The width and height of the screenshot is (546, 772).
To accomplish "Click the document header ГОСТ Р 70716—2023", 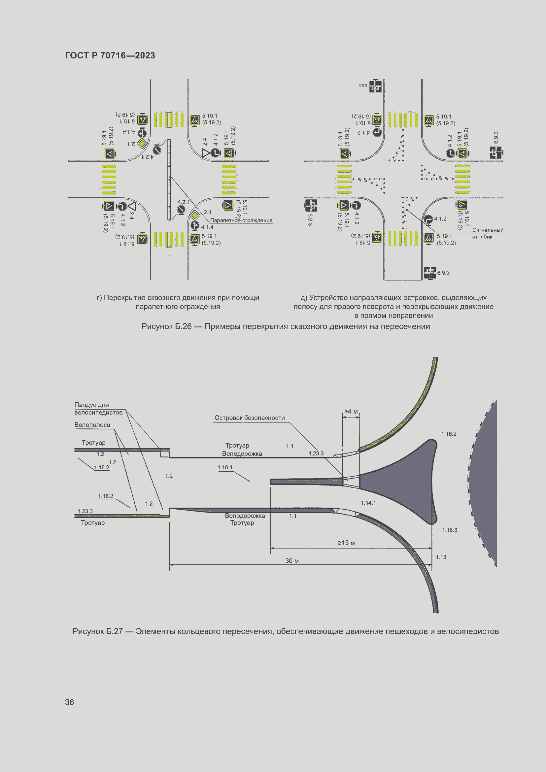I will coord(110,55).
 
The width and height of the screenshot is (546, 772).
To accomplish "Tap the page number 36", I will coord(69,702).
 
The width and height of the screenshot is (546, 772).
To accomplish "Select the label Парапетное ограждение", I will coord(241,220).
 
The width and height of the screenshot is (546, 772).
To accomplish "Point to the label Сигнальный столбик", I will coord(487,233).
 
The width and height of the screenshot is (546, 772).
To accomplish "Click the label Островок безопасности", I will coord(250,418).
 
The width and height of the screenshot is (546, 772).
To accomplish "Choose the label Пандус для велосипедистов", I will coord(98,409).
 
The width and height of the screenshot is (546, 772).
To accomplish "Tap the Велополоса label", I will coord(92,425).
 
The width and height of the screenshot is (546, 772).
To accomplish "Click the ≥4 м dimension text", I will coord(351,411).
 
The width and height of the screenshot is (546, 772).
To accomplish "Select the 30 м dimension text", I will coord(292,560).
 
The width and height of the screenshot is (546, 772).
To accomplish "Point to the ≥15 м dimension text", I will coord(346,543).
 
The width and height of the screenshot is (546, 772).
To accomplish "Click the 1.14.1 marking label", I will coord(368,503).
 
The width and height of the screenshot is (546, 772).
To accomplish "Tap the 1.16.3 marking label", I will coord(450,530).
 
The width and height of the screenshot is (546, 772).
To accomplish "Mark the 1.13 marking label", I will coord(441,557).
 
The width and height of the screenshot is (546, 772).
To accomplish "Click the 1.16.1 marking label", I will coord(225,467).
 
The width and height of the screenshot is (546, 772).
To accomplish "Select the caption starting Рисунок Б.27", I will coord(286,631).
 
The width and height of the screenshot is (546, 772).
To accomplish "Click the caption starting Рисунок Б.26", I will coord(286,326).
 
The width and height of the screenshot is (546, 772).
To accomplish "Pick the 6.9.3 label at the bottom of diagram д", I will coord(443,273).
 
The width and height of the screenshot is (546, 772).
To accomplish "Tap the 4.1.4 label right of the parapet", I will coord(207,227).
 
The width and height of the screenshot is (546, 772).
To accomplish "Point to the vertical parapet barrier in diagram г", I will coord(169,180).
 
